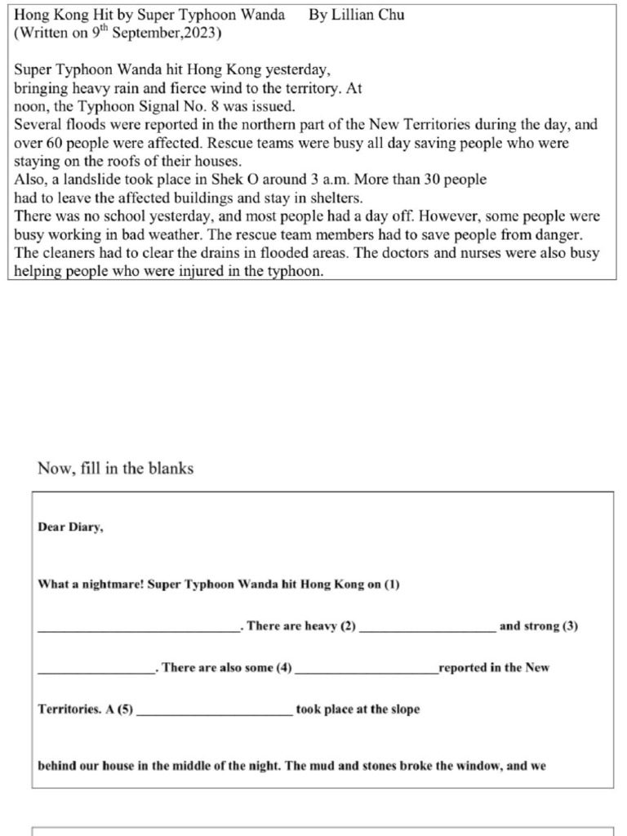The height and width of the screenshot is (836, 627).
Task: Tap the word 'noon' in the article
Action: click(x=30, y=107)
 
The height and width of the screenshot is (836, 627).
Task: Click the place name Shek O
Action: click(x=234, y=180)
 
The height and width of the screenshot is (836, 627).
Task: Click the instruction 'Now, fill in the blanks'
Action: click(x=116, y=468)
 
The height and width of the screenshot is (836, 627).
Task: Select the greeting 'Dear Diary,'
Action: click(x=71, y=527)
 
